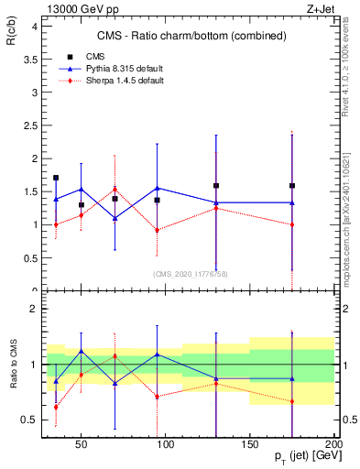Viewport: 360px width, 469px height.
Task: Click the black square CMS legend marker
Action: point(69,56)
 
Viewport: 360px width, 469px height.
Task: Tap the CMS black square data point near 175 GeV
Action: point(292,186)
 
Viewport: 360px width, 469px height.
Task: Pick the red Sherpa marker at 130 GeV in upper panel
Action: point(216,208)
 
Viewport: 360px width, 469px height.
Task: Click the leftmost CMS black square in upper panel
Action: point(56,178)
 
